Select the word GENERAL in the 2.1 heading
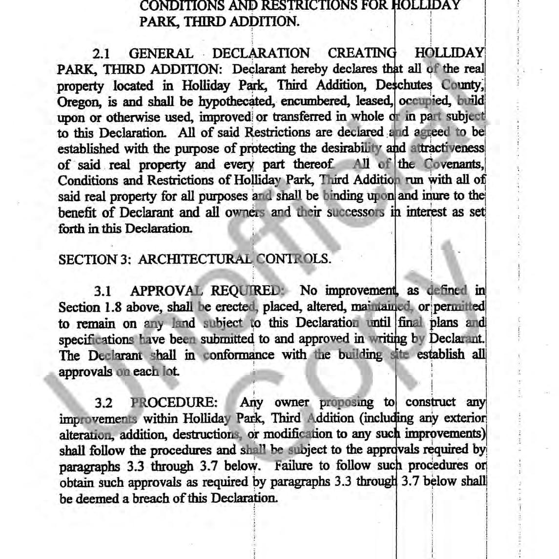tap(161, 53)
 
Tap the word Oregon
tap(74, 102)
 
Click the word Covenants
tap(453, 165)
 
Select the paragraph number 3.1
tap(103, 291)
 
